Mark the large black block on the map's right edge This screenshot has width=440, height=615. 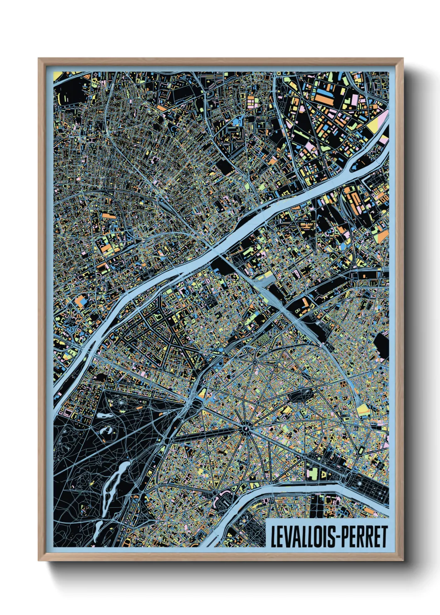point(381,346)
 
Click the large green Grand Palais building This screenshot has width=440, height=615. point(313,473)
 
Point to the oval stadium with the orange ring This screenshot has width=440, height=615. point(223,495)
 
